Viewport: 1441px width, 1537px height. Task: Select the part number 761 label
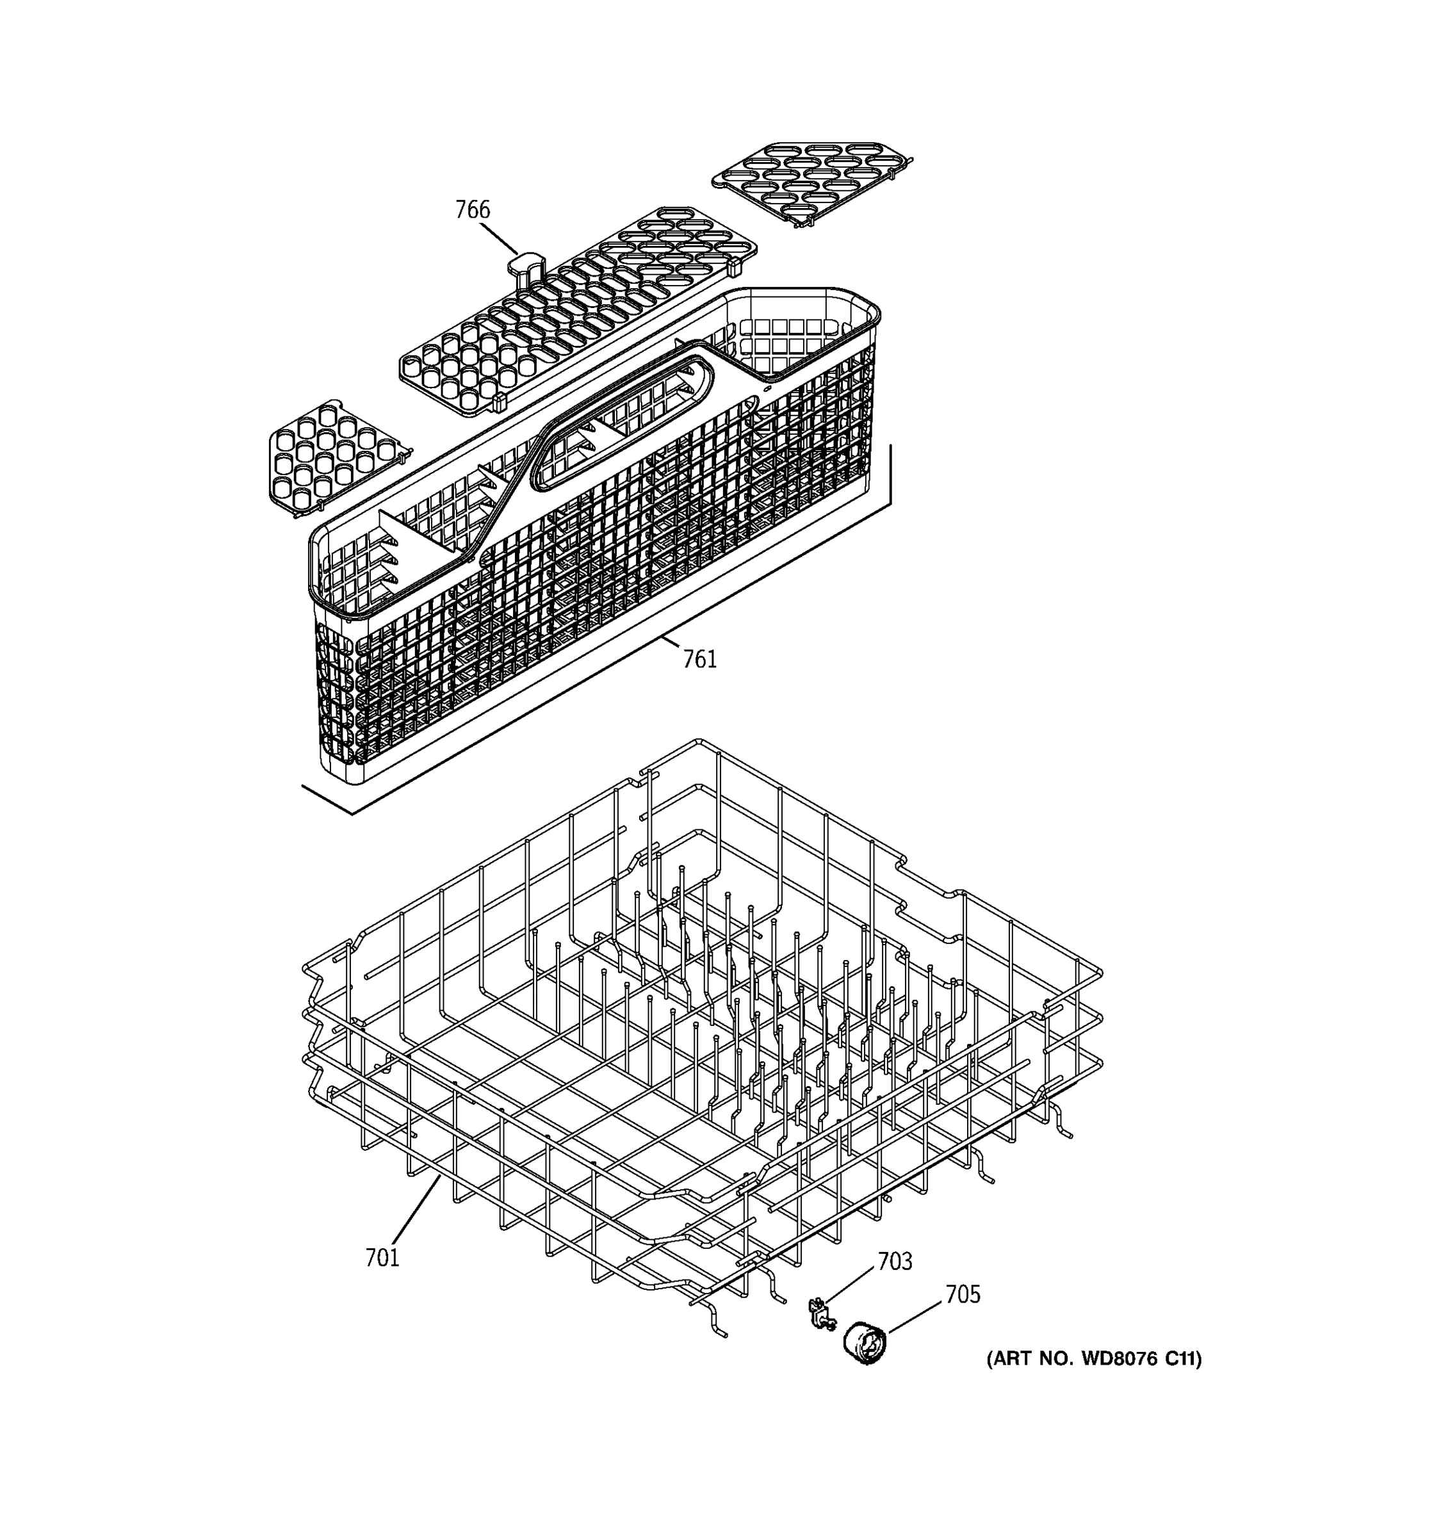coord(699,660)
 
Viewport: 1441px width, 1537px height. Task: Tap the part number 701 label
coord(382,1258)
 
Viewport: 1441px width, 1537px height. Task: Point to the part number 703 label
coord(895,1262)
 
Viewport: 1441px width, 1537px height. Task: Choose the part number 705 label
coord(963,1294)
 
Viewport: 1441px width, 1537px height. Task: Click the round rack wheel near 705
coord(865,1343)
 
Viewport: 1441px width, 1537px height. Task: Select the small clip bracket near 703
coord(822,1314)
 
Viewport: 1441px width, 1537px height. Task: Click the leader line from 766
coord(499,239)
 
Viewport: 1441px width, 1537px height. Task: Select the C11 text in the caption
coord(1180,1358)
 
